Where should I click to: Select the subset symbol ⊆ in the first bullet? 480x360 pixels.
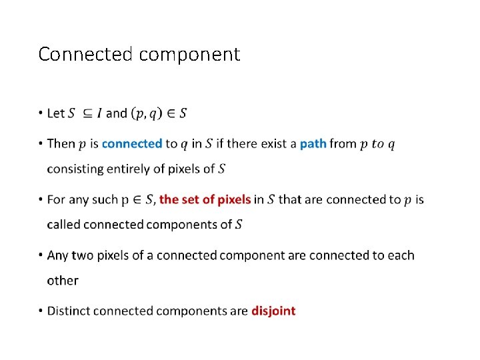pos(87,113)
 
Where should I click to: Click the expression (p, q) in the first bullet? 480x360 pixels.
pos(146,113)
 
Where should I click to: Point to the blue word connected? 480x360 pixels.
pos(132,143)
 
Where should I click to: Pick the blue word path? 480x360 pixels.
pos(313,143)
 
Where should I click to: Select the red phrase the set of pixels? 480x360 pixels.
pos(205,199)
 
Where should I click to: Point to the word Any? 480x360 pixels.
pos(59,256)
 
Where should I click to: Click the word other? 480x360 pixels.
pos(63,281)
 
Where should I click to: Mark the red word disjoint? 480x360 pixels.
pos(273,311)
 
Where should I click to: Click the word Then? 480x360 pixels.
pos(61,143)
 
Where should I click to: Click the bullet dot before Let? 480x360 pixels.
pos(41,113)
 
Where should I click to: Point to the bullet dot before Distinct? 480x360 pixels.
pos(41,311)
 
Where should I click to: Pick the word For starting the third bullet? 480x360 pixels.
pos(57,199)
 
